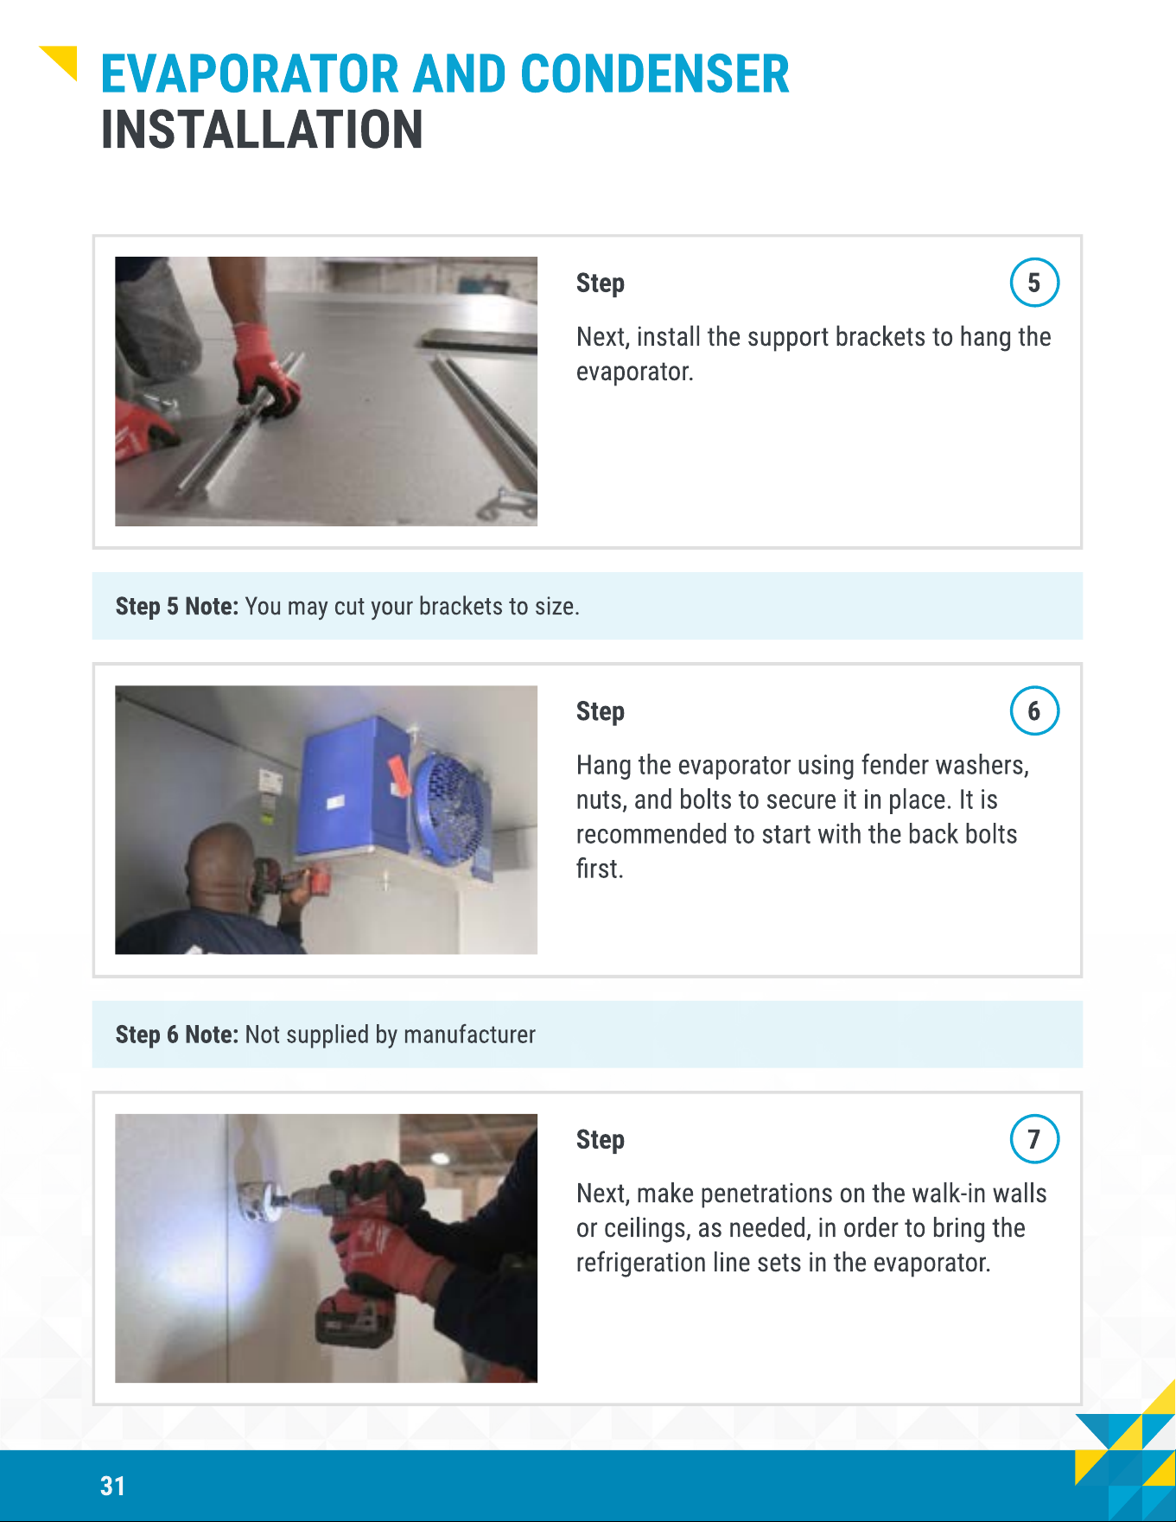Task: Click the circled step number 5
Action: (1034, 283)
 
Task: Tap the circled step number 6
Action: (1034, 710)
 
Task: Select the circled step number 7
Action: (1034, 1139)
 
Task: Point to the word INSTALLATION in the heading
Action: (262, 130)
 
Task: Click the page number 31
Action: (112, 1486)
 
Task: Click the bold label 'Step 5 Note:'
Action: (176, 607)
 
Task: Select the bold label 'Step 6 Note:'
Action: (176, 1035)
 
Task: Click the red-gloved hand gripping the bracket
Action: (265, 370)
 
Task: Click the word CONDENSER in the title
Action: (655, 74)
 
